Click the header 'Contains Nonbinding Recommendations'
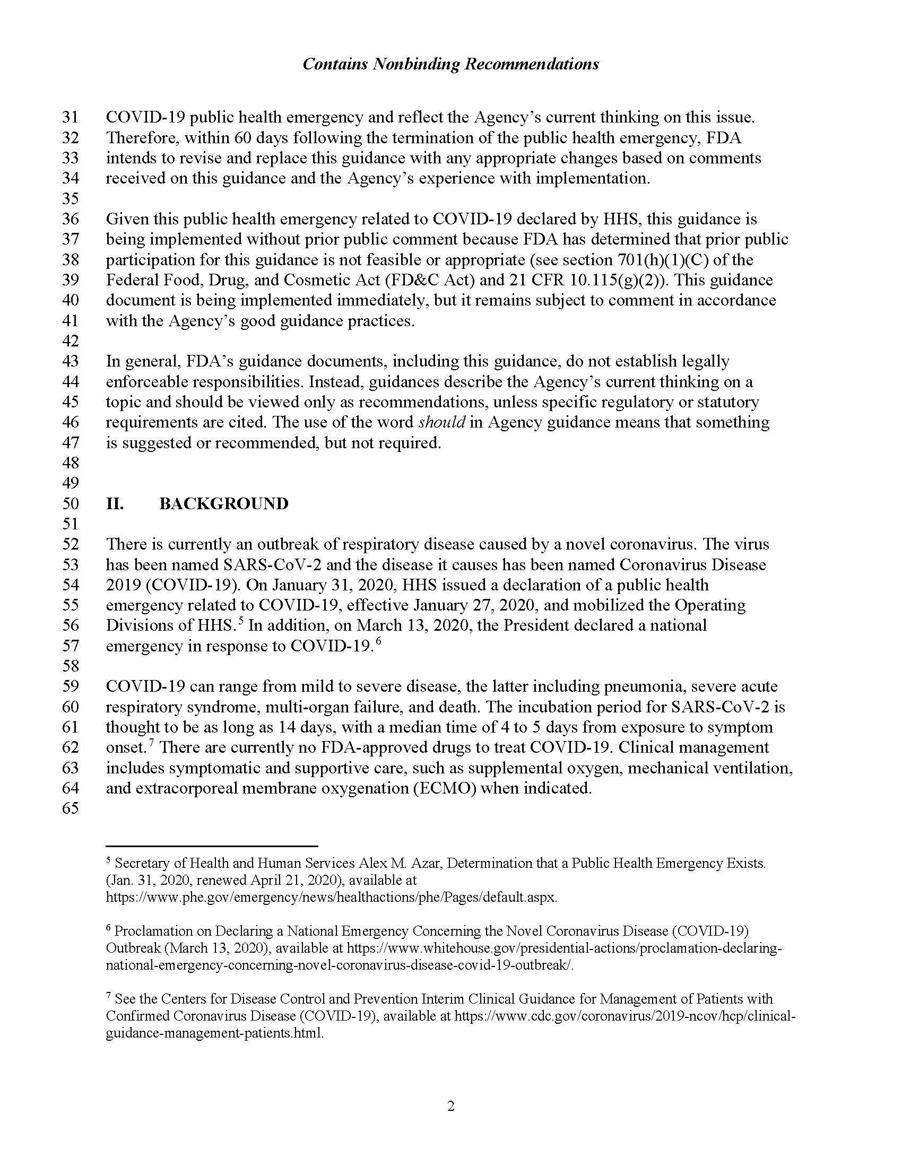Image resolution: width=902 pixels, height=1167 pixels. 450,64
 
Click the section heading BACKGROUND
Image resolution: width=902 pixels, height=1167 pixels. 224,503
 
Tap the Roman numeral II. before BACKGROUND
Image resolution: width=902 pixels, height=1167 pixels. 115,503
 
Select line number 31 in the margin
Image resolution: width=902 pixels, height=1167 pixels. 71,117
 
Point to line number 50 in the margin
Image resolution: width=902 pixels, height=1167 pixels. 71,503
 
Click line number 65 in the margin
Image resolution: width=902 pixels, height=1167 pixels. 71,808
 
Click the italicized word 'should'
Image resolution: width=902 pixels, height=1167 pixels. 442,422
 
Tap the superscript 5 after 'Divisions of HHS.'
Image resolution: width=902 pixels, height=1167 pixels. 241,621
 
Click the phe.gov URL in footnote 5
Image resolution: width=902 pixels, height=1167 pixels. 331,897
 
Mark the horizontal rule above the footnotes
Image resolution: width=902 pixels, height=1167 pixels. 212,847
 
